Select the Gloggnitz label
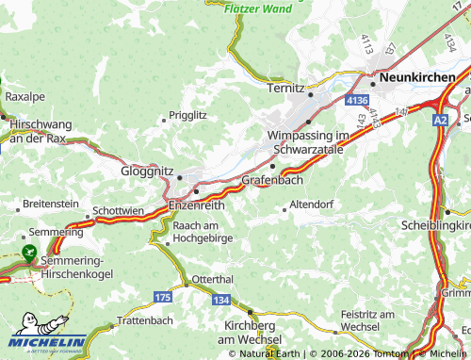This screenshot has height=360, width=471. (x=148, y=172)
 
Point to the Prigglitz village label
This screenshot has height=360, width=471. (x=187, y=115)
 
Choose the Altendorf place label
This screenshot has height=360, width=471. (x=313, y=204)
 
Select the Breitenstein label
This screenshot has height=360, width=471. (x=51, y=204)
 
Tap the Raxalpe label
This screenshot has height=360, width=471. (x=24, y=96)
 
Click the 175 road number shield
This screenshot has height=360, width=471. (x=162, y=297)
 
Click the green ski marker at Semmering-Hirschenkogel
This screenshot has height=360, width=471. (x=28, y=253)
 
